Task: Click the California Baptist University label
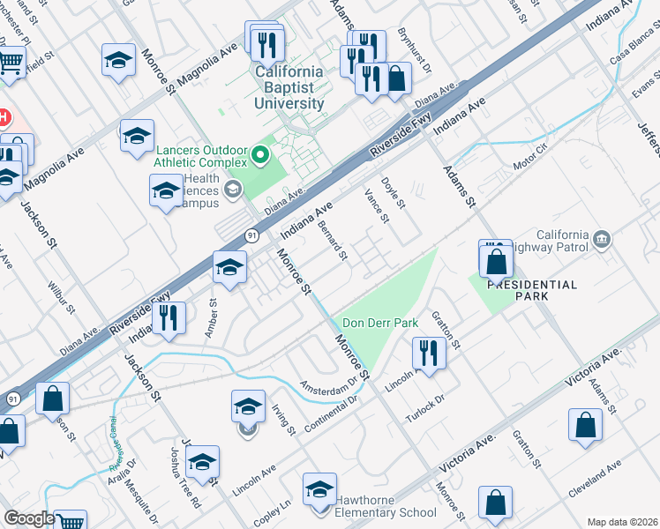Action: (289, 87)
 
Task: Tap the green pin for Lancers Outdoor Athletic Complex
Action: (260, 157)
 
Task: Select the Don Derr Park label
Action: (380, 324)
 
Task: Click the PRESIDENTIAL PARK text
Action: (532, 290)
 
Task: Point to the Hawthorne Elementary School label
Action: (384, 512)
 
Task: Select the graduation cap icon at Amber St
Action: (229, 266)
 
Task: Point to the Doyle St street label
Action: (393, 193)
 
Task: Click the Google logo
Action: (28, 518)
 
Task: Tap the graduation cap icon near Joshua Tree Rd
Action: (202, 461)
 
